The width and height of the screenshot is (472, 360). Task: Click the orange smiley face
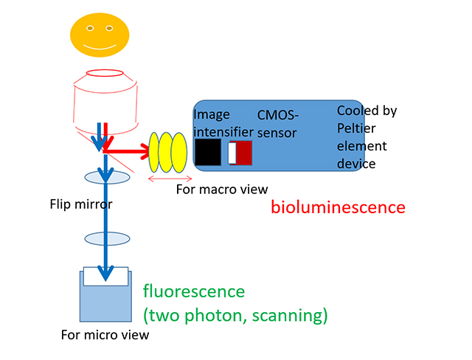(x=99, y=35)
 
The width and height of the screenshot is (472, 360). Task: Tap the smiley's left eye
(x=89, y=28)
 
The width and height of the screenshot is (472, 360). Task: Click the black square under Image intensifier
(x=207, y=153)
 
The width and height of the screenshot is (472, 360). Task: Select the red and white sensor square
(x=240, y=153)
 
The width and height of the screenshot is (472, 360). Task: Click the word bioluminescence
(x=338, y=207)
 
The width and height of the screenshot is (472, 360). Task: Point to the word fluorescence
(x=193, y=291)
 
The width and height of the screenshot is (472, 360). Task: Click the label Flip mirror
(x=76, y=204)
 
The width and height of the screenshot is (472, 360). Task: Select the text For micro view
(x=105, y=335)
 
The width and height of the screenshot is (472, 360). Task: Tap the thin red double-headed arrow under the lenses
(x=170, y=178)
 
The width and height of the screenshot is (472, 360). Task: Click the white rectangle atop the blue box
(x=106, y=276)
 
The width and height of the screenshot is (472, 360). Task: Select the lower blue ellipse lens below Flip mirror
(x=106, y=238)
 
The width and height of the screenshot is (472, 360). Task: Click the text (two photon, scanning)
(x=235, y=316)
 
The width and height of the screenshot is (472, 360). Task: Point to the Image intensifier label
(x=212, y=123)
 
